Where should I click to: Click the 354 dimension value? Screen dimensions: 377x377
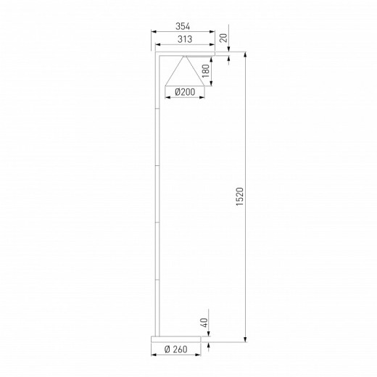(183, 26)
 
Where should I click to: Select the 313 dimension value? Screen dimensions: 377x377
(183, 41)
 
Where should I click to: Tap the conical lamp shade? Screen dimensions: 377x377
(185, 72)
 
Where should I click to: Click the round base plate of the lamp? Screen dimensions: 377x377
(178, 338)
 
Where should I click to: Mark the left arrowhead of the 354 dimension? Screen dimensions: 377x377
(153, 32)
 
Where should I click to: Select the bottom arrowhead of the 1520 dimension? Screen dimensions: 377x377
(247, 339)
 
